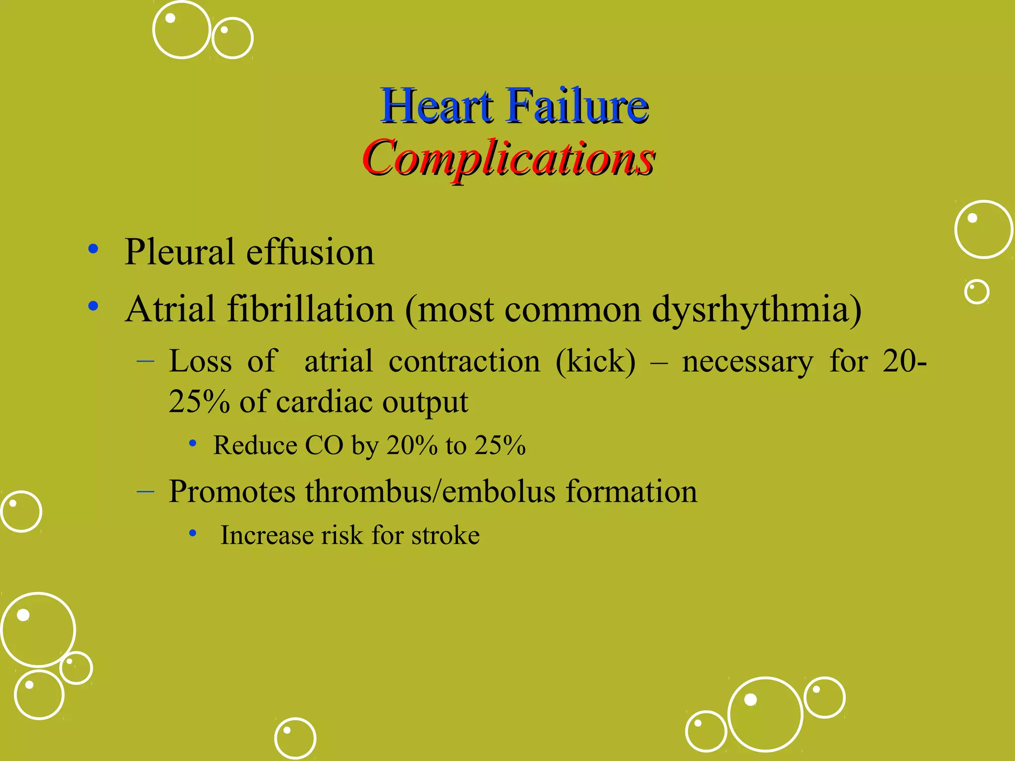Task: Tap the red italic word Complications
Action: [x=508, y=159]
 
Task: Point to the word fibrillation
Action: [x=310, y=309]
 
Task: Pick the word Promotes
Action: [x=232, y=491]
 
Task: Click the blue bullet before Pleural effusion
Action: [x=93, y=249]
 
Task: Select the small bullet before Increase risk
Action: [x=193, y=534]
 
